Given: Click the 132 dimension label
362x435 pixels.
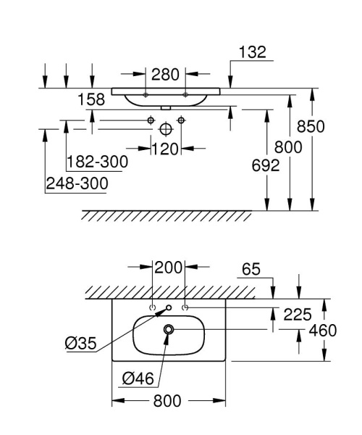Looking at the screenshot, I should click(252, 51).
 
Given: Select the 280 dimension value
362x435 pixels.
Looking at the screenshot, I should click(165, 74).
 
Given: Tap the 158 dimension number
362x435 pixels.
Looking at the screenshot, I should click(91, 99).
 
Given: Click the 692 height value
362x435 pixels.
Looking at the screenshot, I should click(265, 165).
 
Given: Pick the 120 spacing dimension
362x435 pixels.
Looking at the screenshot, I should click(166, 149).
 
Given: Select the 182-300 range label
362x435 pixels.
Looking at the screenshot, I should click(97, 162).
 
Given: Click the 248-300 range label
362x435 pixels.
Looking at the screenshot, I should click(76, 184).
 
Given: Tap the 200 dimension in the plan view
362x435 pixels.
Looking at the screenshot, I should click(168, 267).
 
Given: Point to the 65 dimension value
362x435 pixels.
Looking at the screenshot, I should click(250, 269).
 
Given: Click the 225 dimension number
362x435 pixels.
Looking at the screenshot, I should click(297, 314).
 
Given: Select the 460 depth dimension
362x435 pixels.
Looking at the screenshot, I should click(323, 331).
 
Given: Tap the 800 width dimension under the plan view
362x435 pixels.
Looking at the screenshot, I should click(168, 401).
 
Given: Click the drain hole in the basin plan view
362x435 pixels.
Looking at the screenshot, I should click(169, 330).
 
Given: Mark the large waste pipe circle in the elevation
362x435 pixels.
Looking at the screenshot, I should click(166, 128).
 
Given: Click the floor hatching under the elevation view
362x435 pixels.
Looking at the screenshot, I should click(167, 215).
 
